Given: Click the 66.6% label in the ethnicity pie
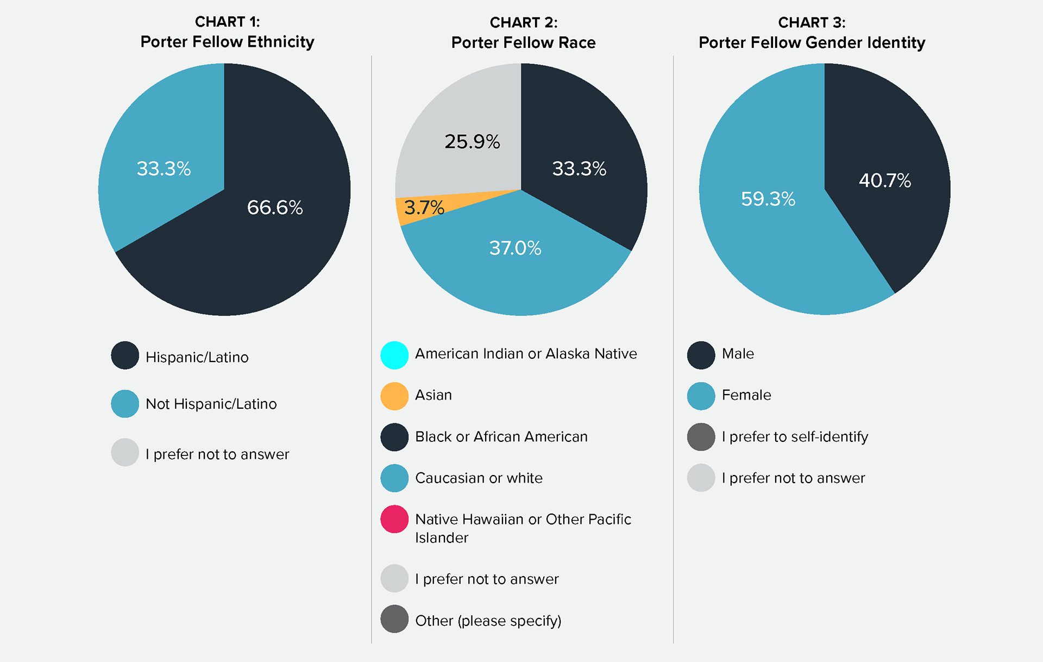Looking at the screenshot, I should [x=275, y=207].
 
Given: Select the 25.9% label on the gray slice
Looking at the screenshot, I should [x=472, y=141].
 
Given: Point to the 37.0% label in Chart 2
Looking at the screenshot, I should [x=515, y=248].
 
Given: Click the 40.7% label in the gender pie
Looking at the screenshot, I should [x=884, y=180].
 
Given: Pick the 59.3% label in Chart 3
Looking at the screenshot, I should [x=768, y=199].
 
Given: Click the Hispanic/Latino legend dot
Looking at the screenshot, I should [x=125, y=355].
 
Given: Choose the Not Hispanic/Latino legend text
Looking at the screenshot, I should [x=211, y=404].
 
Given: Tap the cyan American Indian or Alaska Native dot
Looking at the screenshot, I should [x=394, y=355].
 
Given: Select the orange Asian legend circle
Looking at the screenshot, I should [x=394, y=396].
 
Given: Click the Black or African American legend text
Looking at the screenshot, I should [x=501, y=436].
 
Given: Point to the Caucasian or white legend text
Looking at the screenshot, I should [x=479, y=478].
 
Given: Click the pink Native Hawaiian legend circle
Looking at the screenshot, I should [x=394, y=519].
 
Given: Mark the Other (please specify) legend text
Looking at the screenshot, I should [x=488, y=620].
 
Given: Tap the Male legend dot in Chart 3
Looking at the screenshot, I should [x=701, y=355].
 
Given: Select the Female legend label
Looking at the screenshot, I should [x=746, y=395].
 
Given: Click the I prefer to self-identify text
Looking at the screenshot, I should [x=795, y=436].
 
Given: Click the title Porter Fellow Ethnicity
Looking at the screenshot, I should [x=227, y=42].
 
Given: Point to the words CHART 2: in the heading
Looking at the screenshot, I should [x=523, y=22].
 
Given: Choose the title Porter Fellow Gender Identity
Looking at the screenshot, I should [x=812, y=42].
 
